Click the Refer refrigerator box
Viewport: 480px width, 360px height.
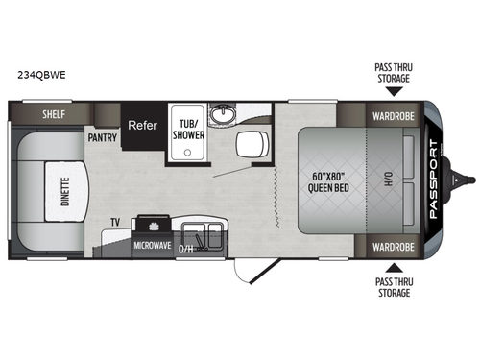click(144, 124)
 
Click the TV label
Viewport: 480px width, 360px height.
click(114, 223)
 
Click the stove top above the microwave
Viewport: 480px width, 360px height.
click(153, 227)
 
